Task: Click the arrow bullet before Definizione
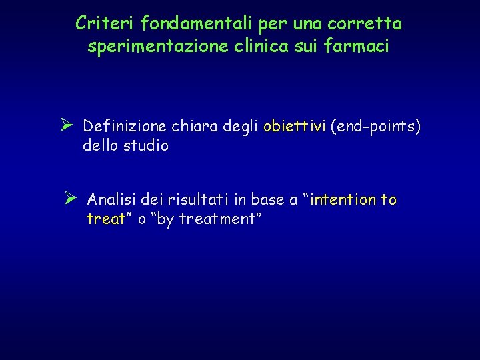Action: [x=66, y=125]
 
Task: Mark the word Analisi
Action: [x=114, y=199]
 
